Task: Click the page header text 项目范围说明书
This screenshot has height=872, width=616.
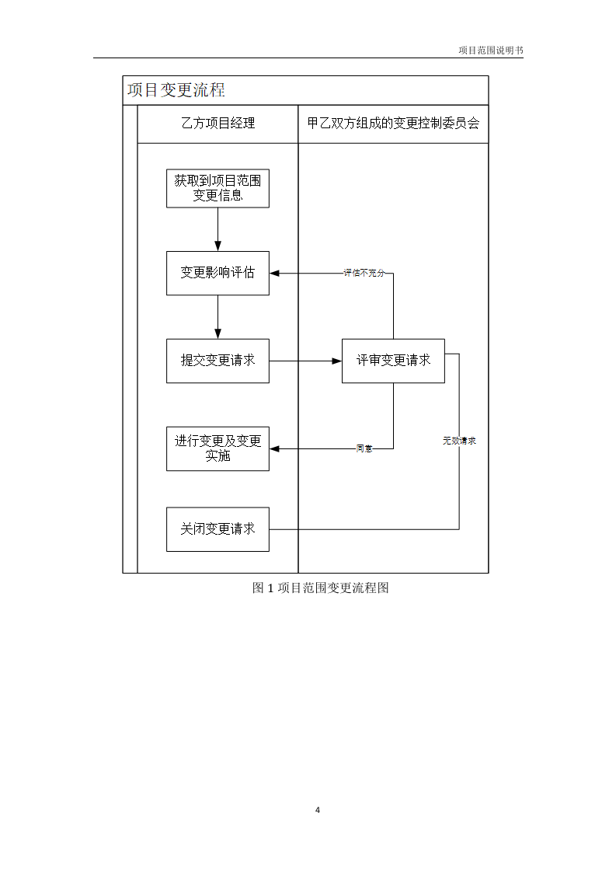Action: tap(490, 51)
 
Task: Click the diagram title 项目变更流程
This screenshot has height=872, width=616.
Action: tap(176, 90)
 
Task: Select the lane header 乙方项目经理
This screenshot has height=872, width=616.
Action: tap(218, 124)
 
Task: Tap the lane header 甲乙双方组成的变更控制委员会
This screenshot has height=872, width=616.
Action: tap(393, 124)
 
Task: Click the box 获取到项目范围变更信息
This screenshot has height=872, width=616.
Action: tap(218, 188)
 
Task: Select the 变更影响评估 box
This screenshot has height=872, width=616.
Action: tap(218, 273)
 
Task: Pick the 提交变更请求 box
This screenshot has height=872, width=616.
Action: tap(218, 361)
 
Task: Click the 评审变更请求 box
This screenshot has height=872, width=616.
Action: tap(393, 361)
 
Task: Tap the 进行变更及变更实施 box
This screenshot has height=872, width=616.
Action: tap(218, 448)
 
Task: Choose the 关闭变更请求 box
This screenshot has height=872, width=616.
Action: tap(218, 529)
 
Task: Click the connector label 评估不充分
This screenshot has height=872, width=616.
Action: tap(364, 274)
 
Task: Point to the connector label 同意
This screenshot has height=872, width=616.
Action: tap(364, 449)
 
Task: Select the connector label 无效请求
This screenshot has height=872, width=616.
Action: tap(459, 441)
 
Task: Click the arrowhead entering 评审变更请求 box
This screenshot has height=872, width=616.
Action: tap(337, 361)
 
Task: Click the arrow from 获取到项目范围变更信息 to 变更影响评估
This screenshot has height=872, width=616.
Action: tap(218, 228)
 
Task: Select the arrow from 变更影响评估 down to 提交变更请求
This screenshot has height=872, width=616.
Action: tap(218, 316)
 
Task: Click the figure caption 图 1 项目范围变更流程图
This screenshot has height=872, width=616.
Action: tap(320, 588)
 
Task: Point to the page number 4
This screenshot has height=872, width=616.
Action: tap(318, 810)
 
